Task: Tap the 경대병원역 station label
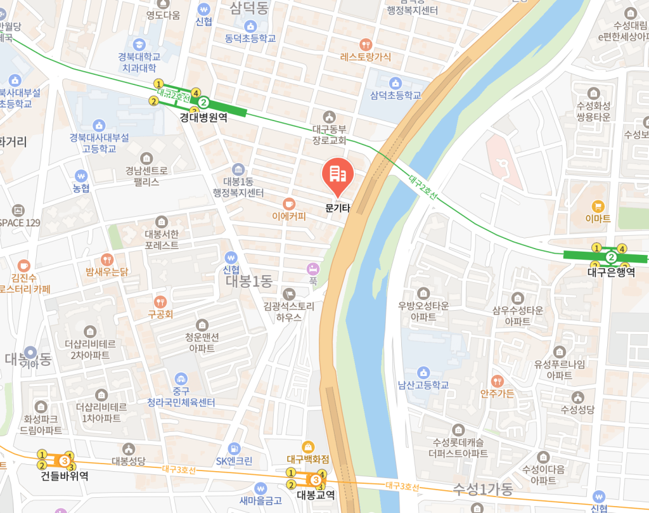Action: tap(203, 117)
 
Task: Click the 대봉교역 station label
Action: tap(316, 495)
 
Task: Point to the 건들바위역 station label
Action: tap(64, 475)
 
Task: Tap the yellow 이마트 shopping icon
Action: tap(598, 205)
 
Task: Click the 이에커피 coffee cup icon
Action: tap(289, 204)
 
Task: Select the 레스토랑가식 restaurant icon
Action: tap(365, 44)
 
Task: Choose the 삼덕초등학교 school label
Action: tap(395, 96)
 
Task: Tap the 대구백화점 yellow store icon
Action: tap(308, 446)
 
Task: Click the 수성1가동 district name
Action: tap(483, 489)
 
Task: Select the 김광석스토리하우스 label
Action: tap(289, 311)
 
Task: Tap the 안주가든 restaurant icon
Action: tap(498, 381)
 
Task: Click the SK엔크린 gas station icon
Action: tap(235, 448)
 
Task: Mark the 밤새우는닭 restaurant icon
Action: tap(106, 260)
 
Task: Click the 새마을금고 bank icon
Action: tap(260, 489)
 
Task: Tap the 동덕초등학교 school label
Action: tap(250, 38)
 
